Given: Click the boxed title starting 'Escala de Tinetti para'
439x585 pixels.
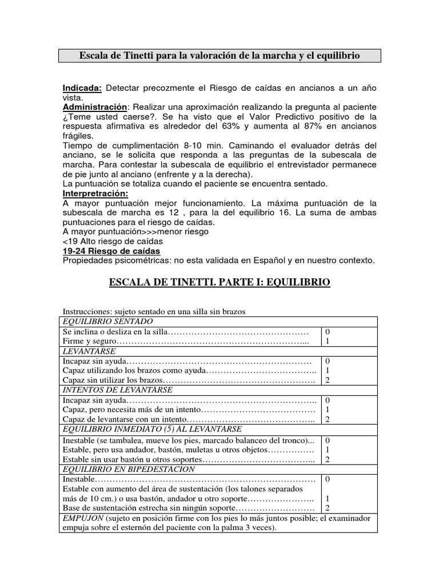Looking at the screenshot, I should [x=220, y=56].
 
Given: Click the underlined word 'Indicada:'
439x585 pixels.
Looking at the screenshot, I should [x=82, y=88].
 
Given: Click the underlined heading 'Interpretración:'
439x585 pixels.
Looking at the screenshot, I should [x=95, y=194].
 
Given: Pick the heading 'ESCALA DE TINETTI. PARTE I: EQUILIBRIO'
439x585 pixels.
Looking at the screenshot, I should [x=219, y=283].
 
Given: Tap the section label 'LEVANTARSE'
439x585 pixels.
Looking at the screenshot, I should [x=89, y=351].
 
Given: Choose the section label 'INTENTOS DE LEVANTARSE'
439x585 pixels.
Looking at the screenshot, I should [x=117, y=390].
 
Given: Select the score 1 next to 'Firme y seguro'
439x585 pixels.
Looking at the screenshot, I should [x=328, y=341].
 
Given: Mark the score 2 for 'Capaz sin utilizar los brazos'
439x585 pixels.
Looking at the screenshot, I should [x=328, y=380].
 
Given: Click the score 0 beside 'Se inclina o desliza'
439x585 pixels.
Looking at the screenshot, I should [x=328, y=332].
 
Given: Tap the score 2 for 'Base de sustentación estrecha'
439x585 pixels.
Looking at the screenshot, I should [x=328, y=508].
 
